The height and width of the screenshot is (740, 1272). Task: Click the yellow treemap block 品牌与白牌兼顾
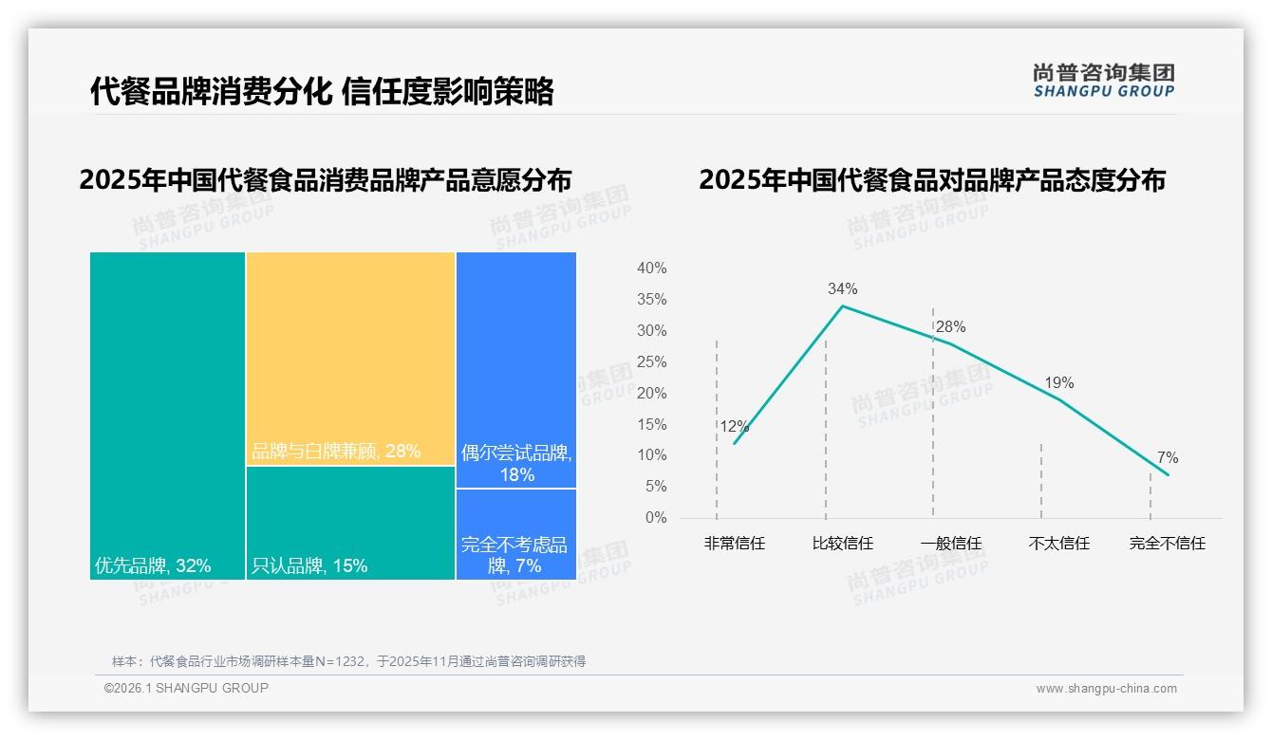350,359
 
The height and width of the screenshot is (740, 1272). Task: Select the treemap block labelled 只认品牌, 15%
350,523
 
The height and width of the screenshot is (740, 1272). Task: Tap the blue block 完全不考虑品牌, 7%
516,534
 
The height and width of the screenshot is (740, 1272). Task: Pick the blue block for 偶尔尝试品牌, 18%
516,370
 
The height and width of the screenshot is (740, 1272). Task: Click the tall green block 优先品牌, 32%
168,416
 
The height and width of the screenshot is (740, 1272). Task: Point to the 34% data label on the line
842,288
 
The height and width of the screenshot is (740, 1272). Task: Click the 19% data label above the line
1059,383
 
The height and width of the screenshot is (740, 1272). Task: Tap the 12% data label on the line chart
734,427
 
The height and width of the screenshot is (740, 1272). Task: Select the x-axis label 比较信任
843,544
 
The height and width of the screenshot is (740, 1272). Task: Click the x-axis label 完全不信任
1168,544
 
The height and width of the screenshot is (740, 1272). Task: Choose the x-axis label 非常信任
734,544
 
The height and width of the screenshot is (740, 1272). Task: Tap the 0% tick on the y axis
655,518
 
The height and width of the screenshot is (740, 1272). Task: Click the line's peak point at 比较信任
842,305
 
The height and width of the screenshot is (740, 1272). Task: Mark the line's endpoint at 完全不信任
1168,474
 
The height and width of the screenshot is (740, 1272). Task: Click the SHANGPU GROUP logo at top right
1103,81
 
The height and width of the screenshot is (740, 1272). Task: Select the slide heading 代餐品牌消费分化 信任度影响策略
322,92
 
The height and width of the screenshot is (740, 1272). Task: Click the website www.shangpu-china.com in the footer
1106,689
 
